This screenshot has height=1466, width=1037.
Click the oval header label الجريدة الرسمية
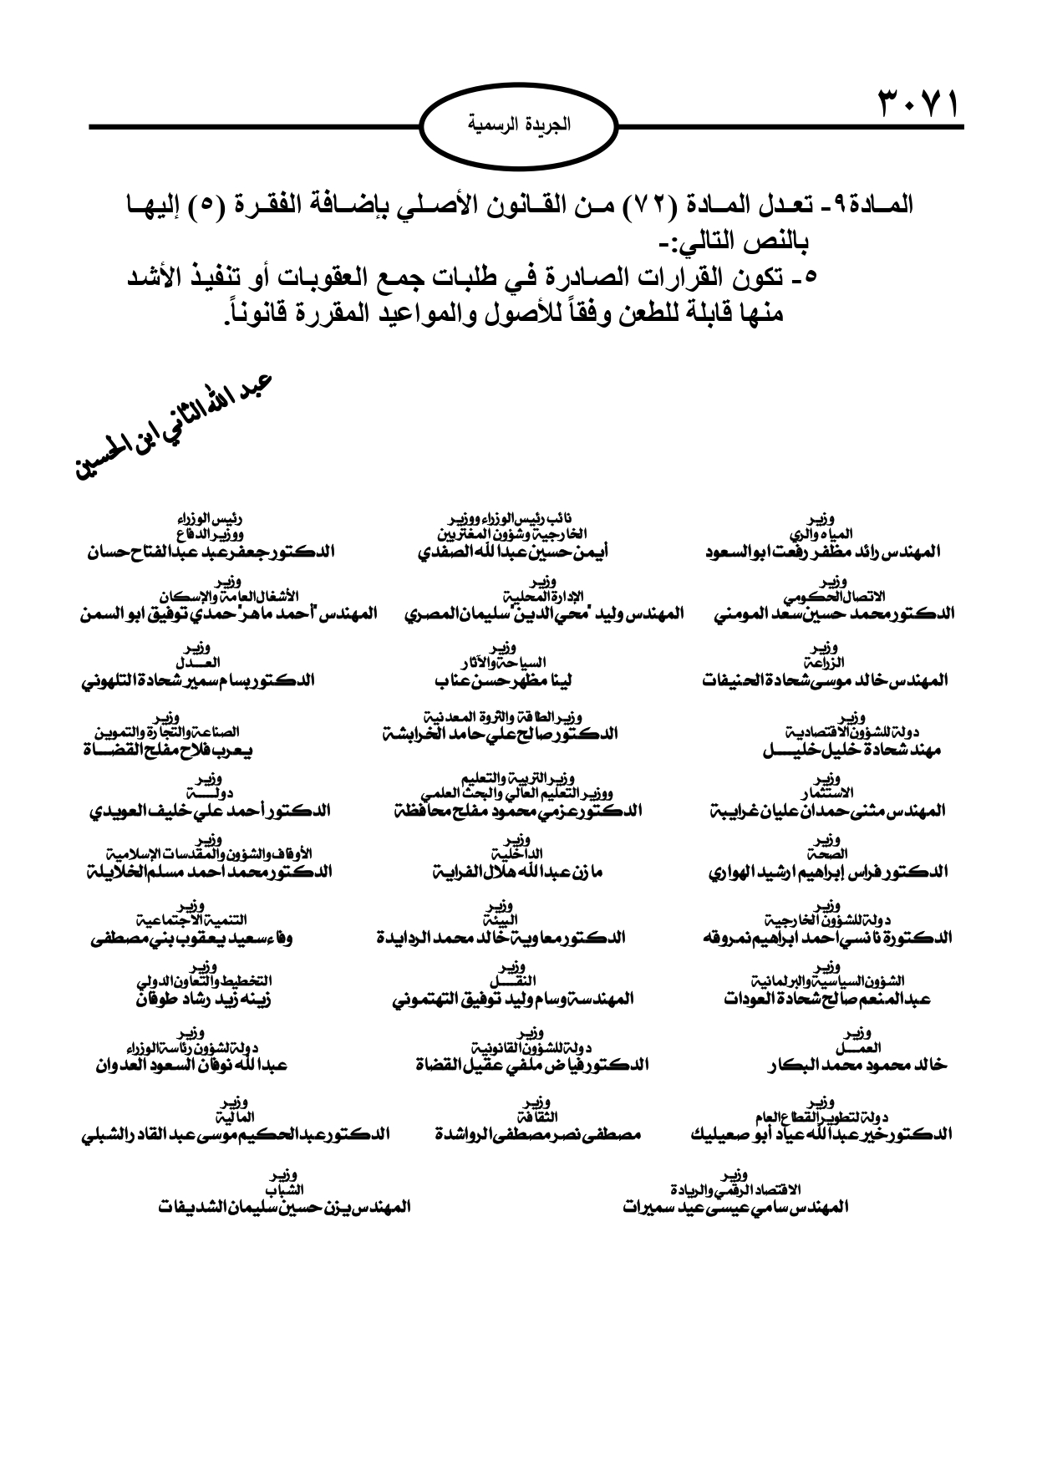(518, 127)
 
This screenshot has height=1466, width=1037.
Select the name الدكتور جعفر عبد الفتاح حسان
(210, 552)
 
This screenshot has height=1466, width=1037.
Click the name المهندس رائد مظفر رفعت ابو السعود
(822, 552)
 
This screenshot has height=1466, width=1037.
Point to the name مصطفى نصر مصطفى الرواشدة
(538, 1135)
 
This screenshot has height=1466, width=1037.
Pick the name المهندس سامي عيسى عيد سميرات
(736, 1208)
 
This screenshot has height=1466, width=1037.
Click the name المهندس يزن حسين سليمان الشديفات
(283, 1208)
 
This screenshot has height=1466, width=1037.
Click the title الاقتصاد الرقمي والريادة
(736, 1189)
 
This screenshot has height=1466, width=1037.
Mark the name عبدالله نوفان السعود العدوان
(193, 1065)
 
